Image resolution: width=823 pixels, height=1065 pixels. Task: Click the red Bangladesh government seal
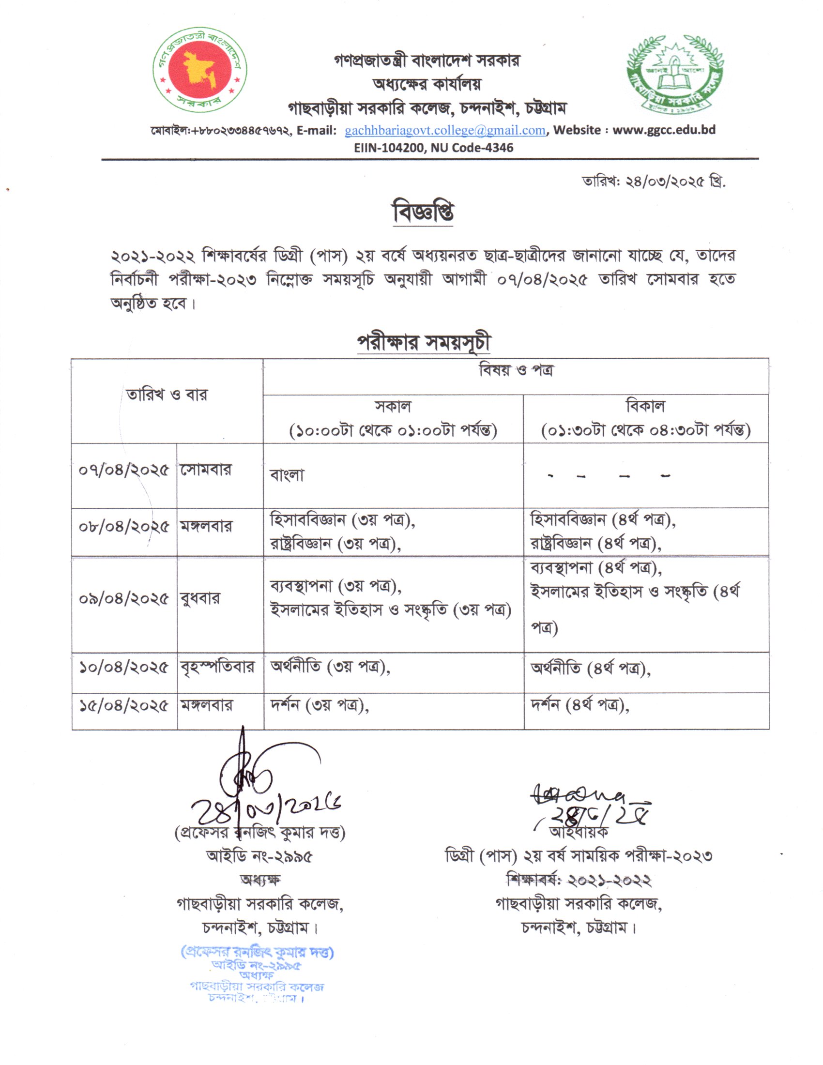[200, 70]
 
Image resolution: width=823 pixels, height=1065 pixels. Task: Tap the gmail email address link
[444, 130]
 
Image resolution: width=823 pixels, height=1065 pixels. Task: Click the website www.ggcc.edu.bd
[664, 130]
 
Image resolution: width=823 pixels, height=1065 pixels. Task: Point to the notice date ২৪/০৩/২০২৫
[654, 182]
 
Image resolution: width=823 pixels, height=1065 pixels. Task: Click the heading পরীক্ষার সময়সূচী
[423, 343]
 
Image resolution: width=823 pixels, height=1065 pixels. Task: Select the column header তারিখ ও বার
[167, 394]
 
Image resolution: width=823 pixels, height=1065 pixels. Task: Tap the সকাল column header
[393, 418]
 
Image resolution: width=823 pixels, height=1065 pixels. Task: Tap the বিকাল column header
[645, 418]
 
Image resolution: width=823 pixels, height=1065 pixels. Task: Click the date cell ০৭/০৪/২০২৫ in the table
[124, 470]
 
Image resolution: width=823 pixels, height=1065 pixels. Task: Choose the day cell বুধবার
[200, 598]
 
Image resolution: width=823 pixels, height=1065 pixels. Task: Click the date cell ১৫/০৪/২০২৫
[124, 706]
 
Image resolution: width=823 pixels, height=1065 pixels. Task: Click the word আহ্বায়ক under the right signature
[578, 831]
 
